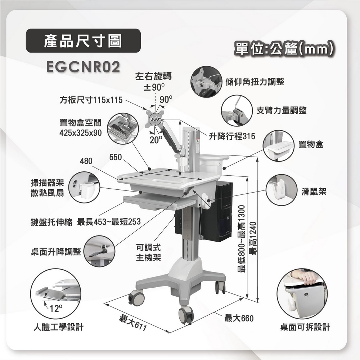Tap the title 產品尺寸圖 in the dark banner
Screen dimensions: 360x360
click(83, 41)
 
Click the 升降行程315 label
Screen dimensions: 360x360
click(232, 137)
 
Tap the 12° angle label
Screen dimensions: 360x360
click(56, 309)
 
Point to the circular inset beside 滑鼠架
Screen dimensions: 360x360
click(282, 190)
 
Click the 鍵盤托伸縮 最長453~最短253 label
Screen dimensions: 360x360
click(85, 221)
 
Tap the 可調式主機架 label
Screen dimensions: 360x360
click(148, 253)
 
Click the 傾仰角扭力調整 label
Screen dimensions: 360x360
click(255, 82)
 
